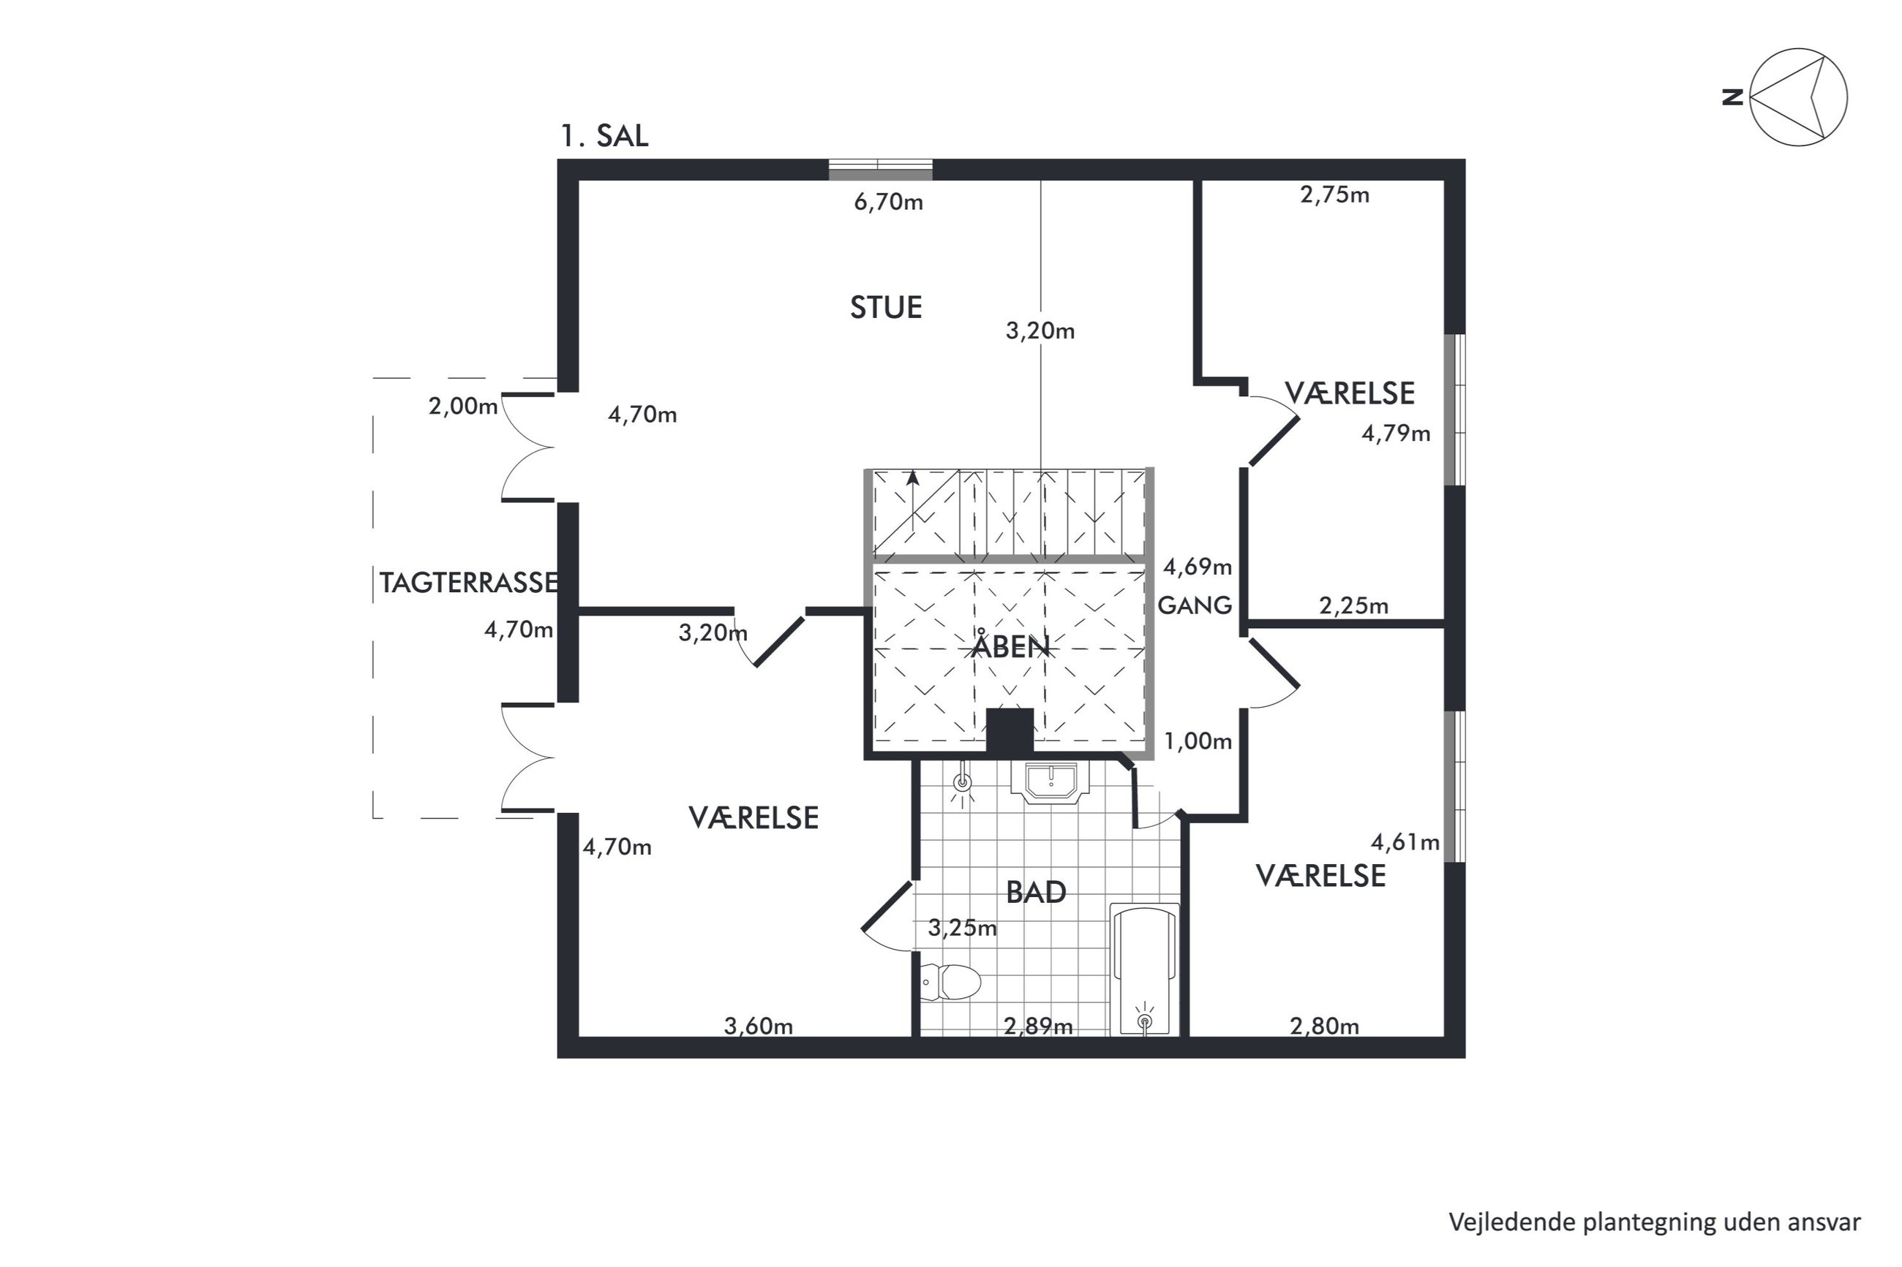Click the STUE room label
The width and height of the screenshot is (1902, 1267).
pos(885,308)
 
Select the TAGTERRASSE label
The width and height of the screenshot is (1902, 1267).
pos(469,583)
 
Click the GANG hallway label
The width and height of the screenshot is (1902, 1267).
pos(1195,605)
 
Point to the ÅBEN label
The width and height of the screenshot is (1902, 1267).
pos(1010,646)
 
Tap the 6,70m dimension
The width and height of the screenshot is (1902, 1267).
pos(888,202)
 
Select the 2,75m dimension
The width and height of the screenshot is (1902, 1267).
pos(1334,194)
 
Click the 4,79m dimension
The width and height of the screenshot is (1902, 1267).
pos(1396,434)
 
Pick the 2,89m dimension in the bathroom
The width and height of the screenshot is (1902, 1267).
pos(1038,1026)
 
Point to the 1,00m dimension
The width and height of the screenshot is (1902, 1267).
pos(1198,741)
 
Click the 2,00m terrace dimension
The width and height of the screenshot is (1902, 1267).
pos(462,406)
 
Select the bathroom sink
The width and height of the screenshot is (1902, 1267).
pos(1050,782)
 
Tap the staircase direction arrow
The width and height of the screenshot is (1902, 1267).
pos(913,500)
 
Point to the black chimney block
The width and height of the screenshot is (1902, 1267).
pos(1010,732)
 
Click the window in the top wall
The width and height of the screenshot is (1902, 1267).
pos(880,170)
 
